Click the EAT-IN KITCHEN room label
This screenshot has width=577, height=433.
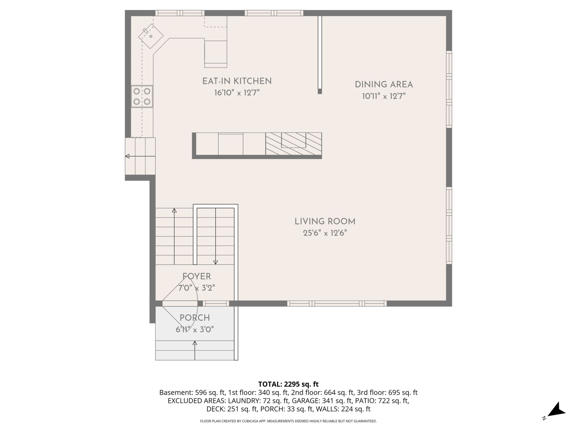coord(237,81)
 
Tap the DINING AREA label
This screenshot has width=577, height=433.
coord(384,85)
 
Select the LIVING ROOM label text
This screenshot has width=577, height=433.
coord(325,222)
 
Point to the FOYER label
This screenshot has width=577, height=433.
coord(197,276)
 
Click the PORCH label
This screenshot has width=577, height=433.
coord(195,318)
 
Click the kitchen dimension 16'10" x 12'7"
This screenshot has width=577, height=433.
coord(237,93)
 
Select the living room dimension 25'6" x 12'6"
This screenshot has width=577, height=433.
coord(325,233)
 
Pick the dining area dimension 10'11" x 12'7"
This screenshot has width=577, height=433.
coord(384,96)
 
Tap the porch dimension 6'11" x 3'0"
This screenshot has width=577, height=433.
coord(195,329)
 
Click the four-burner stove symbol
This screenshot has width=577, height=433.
coord(142,96)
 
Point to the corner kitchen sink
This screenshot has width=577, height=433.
coord(151,36)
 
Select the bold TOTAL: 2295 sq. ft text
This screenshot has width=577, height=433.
coord(288,384)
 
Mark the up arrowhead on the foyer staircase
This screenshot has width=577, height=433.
coord(174,210)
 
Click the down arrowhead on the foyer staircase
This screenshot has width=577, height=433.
coord(215,262)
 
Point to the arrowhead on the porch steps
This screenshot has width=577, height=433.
coord(195,343)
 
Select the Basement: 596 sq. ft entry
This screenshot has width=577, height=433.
coord(192,393)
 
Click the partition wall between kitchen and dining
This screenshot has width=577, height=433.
coord(320,55)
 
